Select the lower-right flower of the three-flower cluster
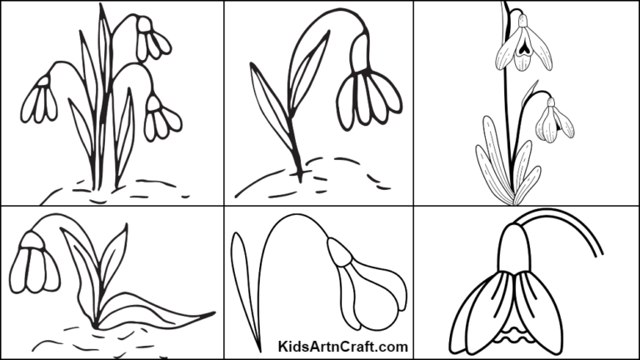click(160, 118)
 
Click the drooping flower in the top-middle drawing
click(367, 93)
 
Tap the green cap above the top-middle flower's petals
click(360, 56)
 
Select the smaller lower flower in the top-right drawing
click(552, 121)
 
